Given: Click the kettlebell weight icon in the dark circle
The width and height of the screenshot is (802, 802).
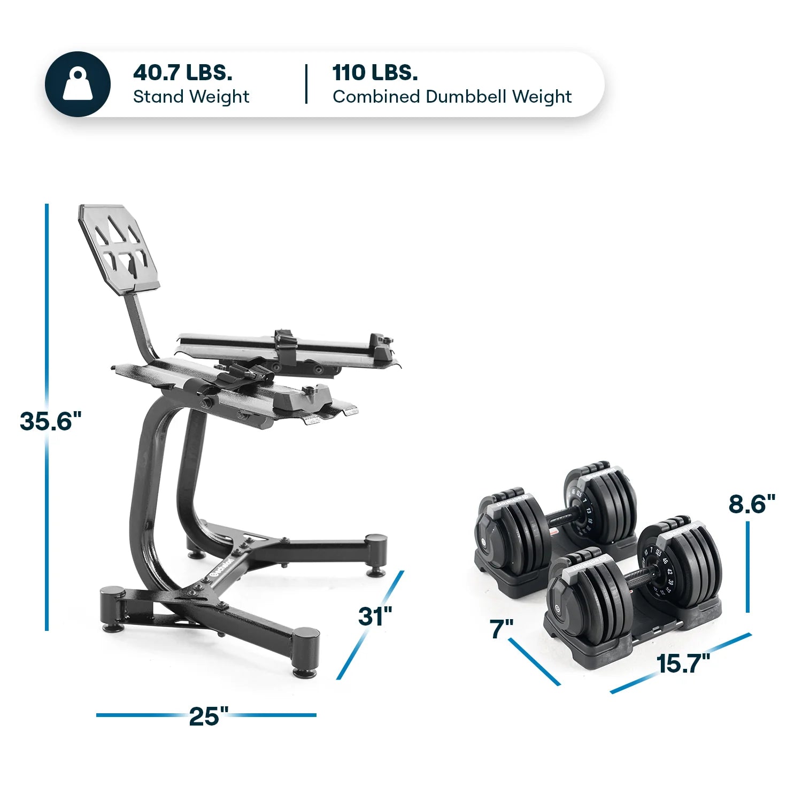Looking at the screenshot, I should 78,84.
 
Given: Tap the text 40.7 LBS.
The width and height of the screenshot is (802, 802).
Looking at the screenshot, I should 182,72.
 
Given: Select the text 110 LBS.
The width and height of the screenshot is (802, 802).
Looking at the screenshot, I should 375,72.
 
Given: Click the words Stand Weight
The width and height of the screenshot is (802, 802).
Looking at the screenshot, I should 191,97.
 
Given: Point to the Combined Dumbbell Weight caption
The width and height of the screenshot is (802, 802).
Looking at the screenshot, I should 452,97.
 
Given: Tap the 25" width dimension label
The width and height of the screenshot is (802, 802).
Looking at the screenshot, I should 208,716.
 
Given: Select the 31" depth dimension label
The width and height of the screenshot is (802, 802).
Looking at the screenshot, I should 375,616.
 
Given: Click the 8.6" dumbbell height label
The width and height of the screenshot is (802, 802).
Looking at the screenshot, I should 751,504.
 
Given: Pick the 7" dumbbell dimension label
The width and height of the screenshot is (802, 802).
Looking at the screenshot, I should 501,629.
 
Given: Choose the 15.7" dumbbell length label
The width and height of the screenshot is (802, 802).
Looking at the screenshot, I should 683,664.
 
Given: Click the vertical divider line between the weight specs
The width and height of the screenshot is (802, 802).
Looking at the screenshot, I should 306,84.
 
